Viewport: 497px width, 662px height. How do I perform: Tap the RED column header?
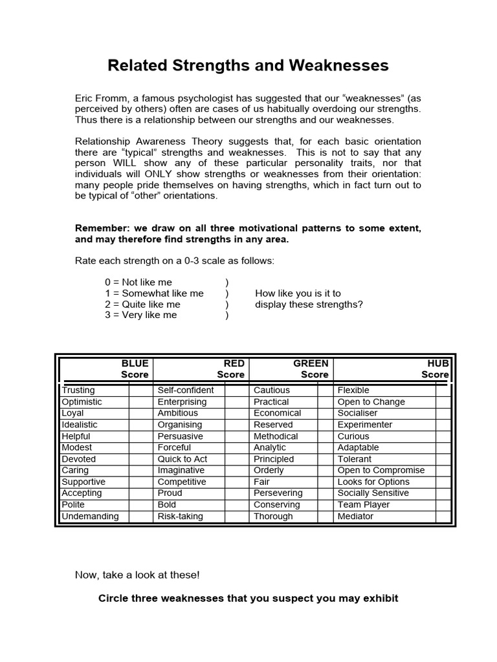pyautogui.click(x=234, y=363)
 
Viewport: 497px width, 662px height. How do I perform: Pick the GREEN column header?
pyautogui.click(x=311, y=363)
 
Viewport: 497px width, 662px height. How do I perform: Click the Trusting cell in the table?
pyautogui.click(x=78, y=390)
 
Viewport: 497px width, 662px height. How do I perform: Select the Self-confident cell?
pyautogui.click(x=186, y=390)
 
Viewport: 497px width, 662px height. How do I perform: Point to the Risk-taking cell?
pyautogui.click(x=181, y=517)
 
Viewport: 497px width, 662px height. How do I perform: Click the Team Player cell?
pyautogui.click(x=364, y=505)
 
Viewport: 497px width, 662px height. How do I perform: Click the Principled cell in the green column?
pyautogui.click(x=274, y=459)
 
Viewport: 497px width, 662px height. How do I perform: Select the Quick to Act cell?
pyautogui.click(x=182, y=459)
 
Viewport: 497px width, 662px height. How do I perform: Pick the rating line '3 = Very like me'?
pyautogui.click(x=140, y=315)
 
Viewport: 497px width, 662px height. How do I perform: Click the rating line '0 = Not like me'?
pyautogui.click(x=138, y=283)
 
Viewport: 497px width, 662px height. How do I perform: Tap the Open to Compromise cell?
pyautogui.click(x=381, y=471)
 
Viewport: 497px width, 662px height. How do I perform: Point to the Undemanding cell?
pyautogui.click(x=91, y=517)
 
